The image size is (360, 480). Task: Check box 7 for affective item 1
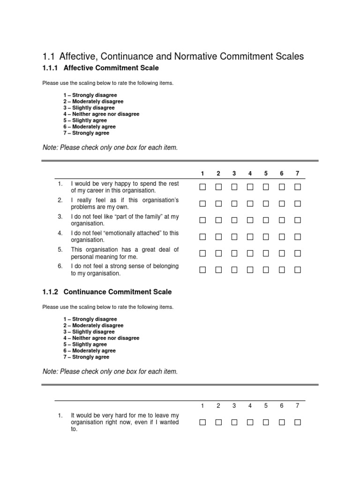click(x=297, y=187)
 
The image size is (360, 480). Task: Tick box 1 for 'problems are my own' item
click(x=202, y=203)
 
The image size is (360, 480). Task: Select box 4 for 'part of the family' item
click(x=250, y=220)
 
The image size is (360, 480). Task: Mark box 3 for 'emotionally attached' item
click(x=234, y=237)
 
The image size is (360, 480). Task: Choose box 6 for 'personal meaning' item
click(x=282, y=253)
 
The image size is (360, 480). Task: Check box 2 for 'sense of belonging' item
click(x=218, y=270)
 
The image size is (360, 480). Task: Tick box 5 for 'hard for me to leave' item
click(x=266, y=422)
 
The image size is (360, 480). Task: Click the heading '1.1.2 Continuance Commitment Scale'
click(x=107, y=292)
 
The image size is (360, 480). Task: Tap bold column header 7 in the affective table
click(x=297, y=173)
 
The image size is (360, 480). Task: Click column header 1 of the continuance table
click(x=202, y=406)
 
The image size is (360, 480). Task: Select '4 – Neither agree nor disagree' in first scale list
click(x=101, y=114)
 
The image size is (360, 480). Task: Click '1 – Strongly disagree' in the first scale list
click(x=90, y=95)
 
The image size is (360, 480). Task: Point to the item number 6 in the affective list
click(x=60, y=266)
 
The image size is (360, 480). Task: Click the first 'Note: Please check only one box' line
click(x=110, y=148)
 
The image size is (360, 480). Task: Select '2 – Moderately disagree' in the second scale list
click(x=93, y=325)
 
